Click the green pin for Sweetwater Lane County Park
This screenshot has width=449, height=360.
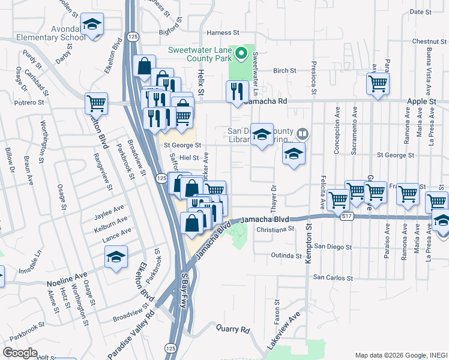tap(241, 54)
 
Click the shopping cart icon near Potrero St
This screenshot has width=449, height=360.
tap(96, 104)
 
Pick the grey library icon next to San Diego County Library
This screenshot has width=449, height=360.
tap(303, 134)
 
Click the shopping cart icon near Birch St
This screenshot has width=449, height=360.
tap(378, 84)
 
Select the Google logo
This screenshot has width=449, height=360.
tap(20, 352)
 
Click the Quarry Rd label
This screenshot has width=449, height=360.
tap(233, 329)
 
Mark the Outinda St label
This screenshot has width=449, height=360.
tap(285, 256)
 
